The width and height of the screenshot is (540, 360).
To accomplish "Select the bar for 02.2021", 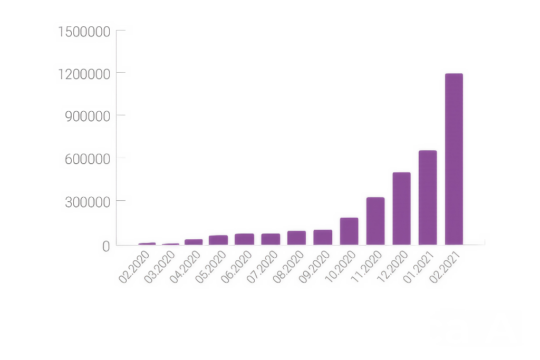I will (454, 159).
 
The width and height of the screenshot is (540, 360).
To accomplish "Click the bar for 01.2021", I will (428, 197).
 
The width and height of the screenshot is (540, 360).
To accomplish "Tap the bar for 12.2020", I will (401, 208).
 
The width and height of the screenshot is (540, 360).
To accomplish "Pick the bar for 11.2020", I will (375, 221).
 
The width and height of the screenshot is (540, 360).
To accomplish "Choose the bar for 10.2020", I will (349, 231).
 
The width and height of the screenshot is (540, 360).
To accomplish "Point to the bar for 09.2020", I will (323, 237).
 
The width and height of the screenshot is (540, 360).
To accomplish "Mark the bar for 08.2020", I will (296, 238).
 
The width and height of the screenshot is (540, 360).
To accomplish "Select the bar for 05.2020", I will (218, 240).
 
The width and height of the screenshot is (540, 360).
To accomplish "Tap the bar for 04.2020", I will (194, 242).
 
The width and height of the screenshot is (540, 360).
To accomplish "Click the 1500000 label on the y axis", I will (84, 32).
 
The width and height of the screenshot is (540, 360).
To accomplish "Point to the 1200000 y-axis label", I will (84, 73).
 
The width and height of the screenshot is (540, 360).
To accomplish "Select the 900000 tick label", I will (88, 116).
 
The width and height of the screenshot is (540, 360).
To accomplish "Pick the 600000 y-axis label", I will (88, 159).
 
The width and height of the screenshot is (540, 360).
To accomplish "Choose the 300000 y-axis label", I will (88, 202).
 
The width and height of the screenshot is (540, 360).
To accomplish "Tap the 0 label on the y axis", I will (106, 246).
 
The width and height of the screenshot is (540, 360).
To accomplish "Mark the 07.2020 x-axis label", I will (262, 267).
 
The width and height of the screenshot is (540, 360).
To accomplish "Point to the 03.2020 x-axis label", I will (159, 267).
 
